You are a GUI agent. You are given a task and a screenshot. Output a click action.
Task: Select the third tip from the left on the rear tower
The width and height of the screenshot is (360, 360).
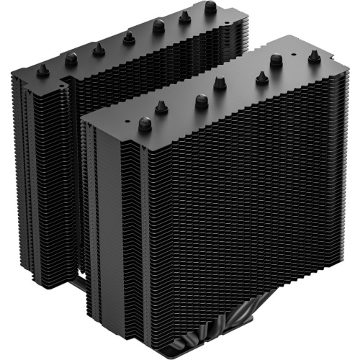point(97,48)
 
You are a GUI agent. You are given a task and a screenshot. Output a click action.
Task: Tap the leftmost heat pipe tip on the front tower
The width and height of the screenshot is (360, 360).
point(145,124)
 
